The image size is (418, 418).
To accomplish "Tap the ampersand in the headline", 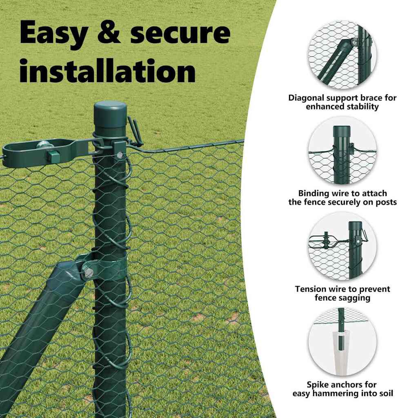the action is click(109, 32).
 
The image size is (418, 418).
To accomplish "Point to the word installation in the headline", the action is click(107, 71).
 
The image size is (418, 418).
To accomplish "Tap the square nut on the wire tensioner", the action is click(52, 156).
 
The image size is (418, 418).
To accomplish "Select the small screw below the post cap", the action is click(120, 154).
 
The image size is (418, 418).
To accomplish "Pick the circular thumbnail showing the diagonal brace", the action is click(342, 55).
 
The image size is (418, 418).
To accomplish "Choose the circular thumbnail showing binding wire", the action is click(342, 151).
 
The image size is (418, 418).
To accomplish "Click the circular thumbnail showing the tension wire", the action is click(342, 246).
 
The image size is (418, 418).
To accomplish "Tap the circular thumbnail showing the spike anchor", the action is click(342, 342).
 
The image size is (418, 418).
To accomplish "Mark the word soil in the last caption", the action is click(386, 393).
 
